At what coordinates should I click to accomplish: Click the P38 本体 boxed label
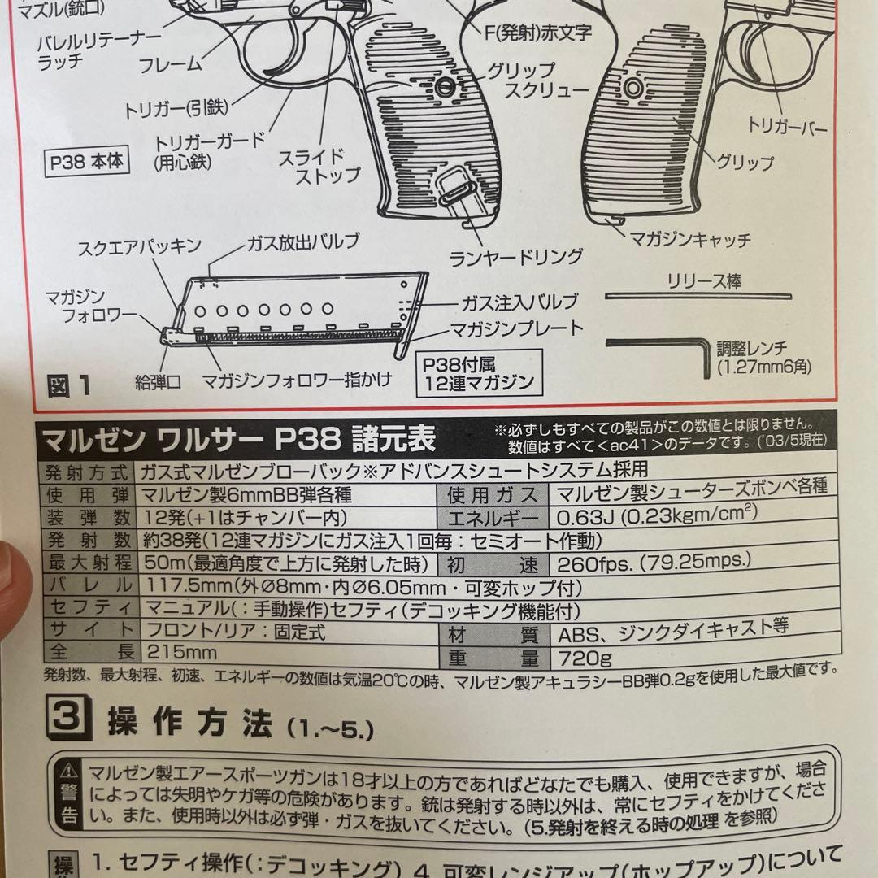tap(85, 161)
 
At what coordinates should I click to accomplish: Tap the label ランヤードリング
tap(517, 258)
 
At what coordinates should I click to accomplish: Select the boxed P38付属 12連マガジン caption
tap(478, 372)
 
